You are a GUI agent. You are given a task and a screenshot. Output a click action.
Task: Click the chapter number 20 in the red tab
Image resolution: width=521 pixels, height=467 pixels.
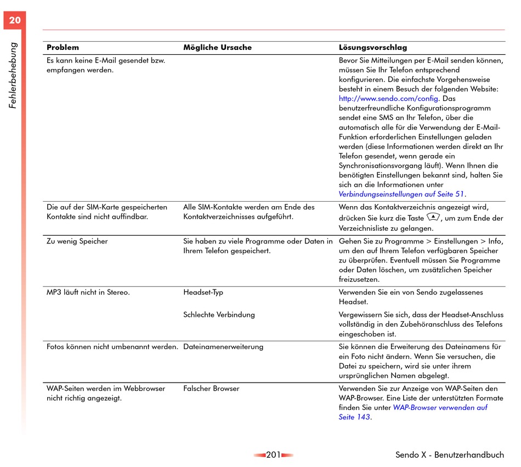(15, 21)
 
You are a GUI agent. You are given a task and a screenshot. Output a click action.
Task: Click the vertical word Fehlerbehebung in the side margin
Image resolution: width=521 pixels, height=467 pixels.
(14, 75)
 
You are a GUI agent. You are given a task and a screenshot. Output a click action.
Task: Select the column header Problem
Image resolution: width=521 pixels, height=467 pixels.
(63, 48)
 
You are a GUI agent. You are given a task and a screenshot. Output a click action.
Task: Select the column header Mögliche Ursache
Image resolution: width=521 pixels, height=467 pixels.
(217, 48)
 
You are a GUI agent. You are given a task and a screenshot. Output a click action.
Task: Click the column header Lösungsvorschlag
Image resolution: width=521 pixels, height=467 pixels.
(373, 48)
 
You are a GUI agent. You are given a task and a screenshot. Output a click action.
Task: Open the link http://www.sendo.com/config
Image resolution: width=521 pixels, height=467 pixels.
(388, 99)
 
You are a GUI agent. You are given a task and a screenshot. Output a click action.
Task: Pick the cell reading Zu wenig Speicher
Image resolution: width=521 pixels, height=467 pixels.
(77, 241)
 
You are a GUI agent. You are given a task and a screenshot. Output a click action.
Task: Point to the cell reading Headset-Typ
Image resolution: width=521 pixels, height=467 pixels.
(203, 292)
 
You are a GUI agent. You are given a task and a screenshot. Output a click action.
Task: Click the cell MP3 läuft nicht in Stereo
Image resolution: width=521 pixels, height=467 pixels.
(88, 292)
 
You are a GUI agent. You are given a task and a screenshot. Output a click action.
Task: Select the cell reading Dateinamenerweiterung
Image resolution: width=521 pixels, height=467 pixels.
(223, 346)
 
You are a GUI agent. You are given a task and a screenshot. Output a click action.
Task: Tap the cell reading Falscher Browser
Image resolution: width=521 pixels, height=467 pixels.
(211, 389)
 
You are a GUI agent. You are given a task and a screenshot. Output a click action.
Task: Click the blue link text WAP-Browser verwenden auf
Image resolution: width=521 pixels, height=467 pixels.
(440, 408)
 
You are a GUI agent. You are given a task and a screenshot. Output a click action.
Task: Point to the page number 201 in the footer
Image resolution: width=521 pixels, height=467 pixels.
(273, 455)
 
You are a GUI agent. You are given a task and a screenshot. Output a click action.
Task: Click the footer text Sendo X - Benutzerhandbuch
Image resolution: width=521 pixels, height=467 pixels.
(449, 455)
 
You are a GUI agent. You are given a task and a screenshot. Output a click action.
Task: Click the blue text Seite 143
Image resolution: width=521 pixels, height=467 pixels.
(354, 418)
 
